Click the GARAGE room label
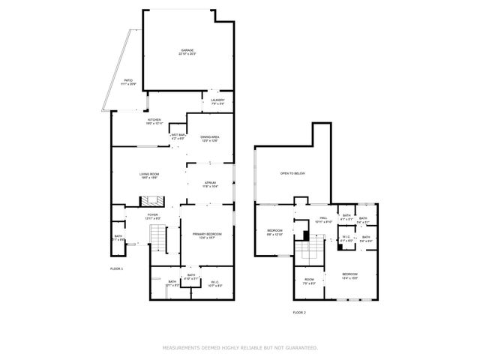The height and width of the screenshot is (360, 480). tap(186, 51)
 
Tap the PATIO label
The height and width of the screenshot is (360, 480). tap(128, 79)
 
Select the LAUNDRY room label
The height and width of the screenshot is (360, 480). tap(217, 101)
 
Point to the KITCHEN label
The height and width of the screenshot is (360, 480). tap(154, 121)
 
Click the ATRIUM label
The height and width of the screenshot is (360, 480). tap(211, 184)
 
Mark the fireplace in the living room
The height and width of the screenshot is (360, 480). tap(153, 200)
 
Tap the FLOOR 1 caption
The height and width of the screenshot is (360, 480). tap(116, 268)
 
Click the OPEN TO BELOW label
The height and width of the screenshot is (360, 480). tap(292, 173)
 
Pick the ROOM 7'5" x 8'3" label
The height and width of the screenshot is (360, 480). tap(309, 281)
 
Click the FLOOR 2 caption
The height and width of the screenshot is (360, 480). tap(299, 311)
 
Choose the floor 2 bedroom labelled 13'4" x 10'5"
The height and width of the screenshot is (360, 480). tap(350, 275)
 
